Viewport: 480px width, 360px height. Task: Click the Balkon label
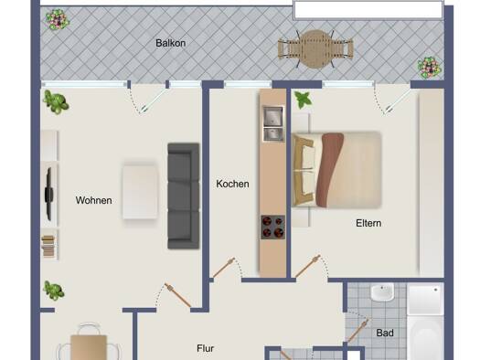click(170, 43)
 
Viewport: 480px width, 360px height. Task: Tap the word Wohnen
click(93, 200)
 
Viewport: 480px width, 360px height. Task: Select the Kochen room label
click(232, 184)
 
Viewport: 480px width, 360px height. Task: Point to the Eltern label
click(368, 223)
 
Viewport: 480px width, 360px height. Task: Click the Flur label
click(206, 348)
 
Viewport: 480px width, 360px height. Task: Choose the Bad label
click(385, 333)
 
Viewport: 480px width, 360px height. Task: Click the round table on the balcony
click(316, 49)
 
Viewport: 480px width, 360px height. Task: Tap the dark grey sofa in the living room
click(184, 196)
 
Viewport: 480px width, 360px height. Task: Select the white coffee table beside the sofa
click(140, 192)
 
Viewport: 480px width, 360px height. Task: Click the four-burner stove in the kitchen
click(272, 228)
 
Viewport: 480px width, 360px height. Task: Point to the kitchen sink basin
click(273, 116)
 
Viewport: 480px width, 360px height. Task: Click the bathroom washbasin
click(382, 292)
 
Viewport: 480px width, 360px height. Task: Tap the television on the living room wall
click(48, 195)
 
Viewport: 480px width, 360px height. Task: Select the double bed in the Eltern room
click(336, 170)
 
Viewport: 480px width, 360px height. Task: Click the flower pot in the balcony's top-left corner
click(58, 19)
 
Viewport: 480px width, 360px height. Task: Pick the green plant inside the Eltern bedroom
click(303, 100)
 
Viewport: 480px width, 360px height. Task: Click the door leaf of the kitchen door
click(224, 268)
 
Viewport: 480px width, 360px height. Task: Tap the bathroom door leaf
click(357, 331)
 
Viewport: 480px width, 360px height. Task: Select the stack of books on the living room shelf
click(48, 246)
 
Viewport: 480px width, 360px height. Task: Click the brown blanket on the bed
click(329, 170)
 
